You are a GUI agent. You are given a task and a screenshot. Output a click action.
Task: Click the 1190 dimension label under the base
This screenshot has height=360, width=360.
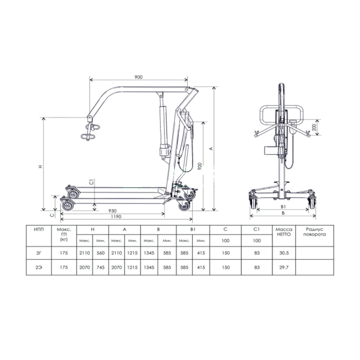[116, 217]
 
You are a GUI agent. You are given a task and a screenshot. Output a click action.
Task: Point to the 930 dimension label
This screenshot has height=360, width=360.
[112, 211]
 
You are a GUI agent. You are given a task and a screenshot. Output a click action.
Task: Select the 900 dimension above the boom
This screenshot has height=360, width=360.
[139, 77]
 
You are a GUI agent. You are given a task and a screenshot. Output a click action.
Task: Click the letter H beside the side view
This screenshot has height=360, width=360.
[41, 166]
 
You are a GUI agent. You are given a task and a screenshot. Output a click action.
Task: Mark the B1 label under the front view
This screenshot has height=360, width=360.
[283, 207]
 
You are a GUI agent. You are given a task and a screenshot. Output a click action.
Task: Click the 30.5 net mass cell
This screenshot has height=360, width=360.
[284, 253]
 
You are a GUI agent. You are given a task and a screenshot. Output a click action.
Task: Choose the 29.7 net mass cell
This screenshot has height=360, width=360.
[284, 268]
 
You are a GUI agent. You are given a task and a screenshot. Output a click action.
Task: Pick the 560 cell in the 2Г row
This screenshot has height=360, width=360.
[101, 253]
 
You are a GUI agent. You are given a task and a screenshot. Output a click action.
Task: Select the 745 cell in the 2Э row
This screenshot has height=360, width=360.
[101, 268]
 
